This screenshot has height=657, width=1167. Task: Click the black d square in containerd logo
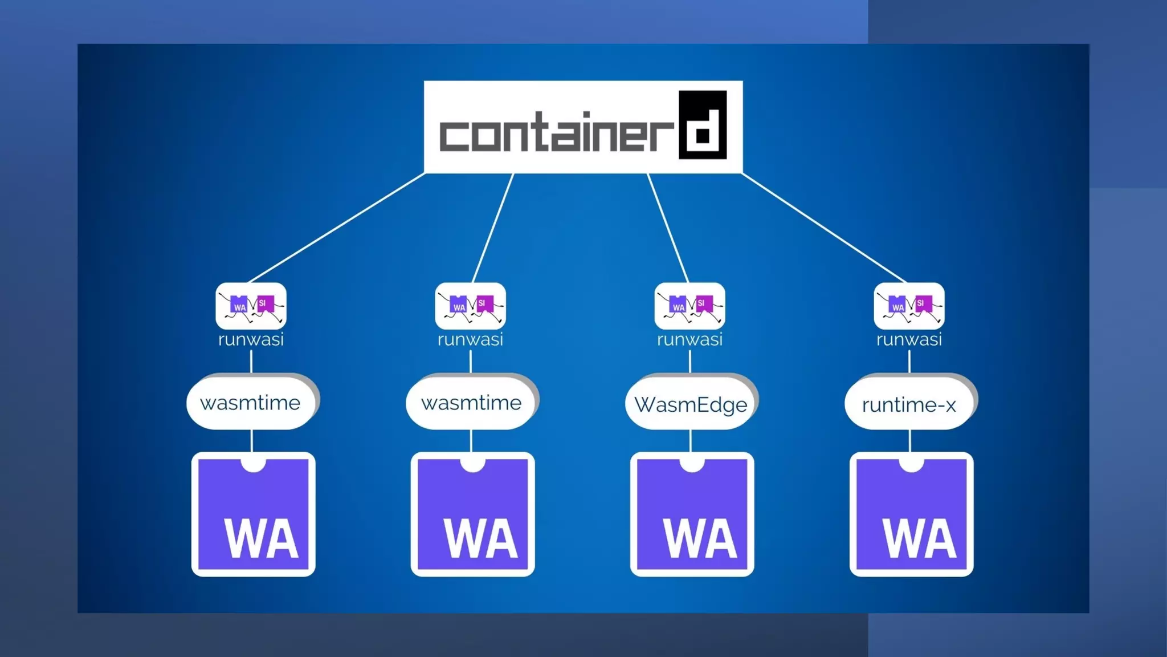pos(703,124)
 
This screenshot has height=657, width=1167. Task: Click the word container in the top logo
pos(556,132)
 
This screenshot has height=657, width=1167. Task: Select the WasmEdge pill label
pos(690,404)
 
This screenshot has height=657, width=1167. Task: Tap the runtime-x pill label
pos(909,404)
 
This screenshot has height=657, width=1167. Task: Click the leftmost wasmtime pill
pos(251,403)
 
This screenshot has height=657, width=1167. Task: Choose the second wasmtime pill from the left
pos(471,403)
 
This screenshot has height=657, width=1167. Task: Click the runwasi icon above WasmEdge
pos(689,306)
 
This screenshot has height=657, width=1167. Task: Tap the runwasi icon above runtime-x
pos(909,306)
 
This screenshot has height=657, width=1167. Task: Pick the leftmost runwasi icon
pos(251,306)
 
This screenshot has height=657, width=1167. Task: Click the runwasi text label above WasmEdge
pos(689,339)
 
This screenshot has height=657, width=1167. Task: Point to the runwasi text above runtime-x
pos(909,339)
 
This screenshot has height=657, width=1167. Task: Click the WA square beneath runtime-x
pos(911,514)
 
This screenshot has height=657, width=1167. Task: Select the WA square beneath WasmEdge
pos(692,514)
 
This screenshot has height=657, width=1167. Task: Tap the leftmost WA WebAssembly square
pos(253,514)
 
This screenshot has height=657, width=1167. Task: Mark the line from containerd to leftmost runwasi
pos(336,228)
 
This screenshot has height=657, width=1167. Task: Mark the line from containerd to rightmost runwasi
pos(823,228)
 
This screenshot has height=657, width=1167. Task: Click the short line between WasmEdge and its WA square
pos(691,441)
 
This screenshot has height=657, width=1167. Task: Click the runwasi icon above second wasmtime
pos(470,306)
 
